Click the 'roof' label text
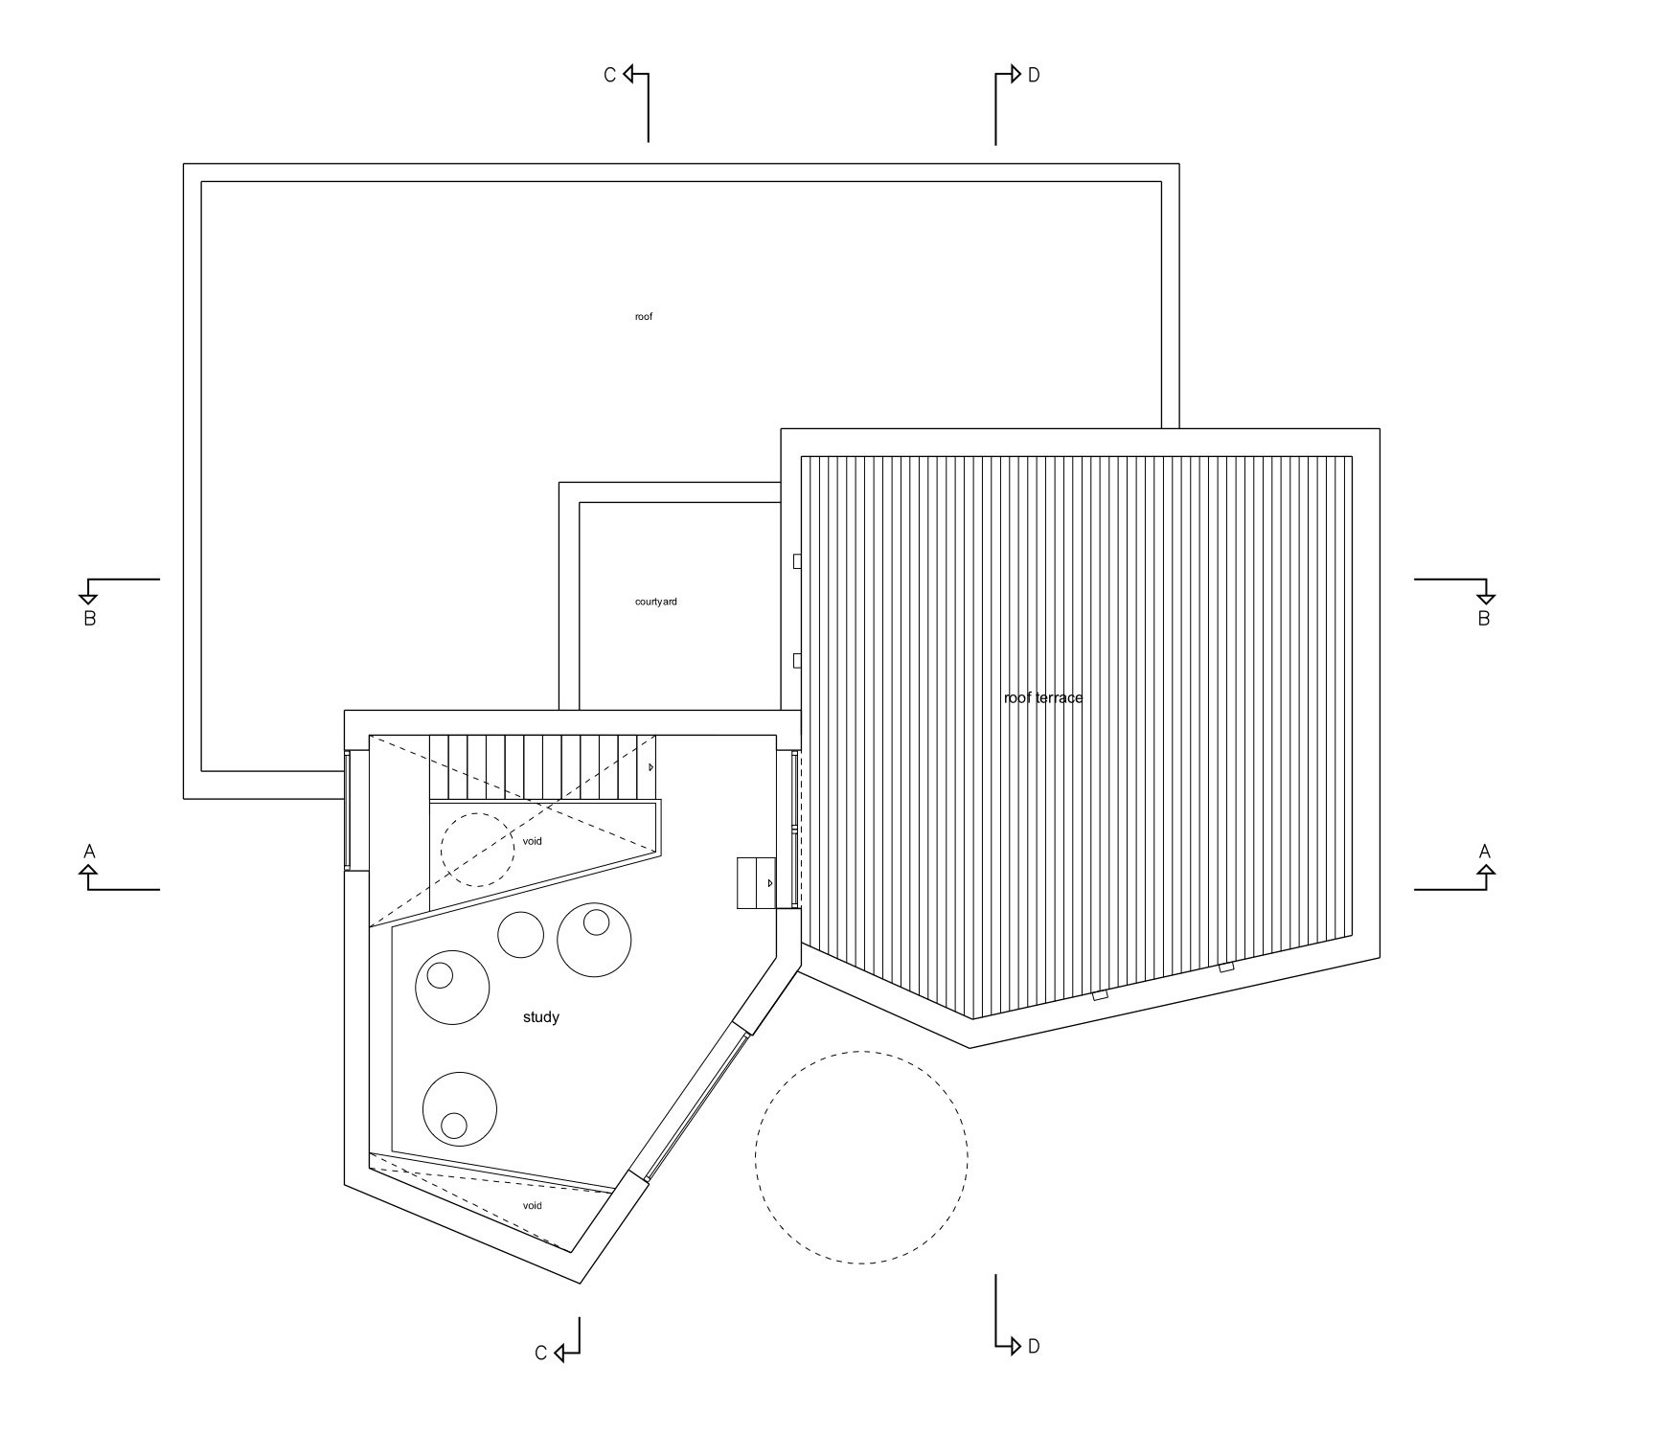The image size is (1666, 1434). point(643,316)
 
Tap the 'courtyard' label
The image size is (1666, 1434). point(655,602)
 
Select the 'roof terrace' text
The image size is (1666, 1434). point(1042,697)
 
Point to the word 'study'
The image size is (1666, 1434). point(540,1017)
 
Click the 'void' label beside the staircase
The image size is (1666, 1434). point(532,841)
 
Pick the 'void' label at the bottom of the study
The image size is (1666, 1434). point(532,1205)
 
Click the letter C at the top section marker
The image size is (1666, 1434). point(609,75)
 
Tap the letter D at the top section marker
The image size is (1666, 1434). point(1033,75)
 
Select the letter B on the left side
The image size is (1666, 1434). point(89,619)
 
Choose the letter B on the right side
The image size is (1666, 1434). point(1483,619)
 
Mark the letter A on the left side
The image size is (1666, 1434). point(89,852)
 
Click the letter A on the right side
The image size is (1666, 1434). point(1485,852)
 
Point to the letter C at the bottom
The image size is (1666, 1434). point(540,1353)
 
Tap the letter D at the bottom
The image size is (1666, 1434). point(1033,1347)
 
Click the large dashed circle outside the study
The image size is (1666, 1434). point(860,1157)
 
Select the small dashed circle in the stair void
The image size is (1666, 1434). point(477,850)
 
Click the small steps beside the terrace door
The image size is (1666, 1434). point(756,882)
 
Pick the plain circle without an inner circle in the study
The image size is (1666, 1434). point(521,933)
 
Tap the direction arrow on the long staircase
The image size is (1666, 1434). point(650,767)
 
